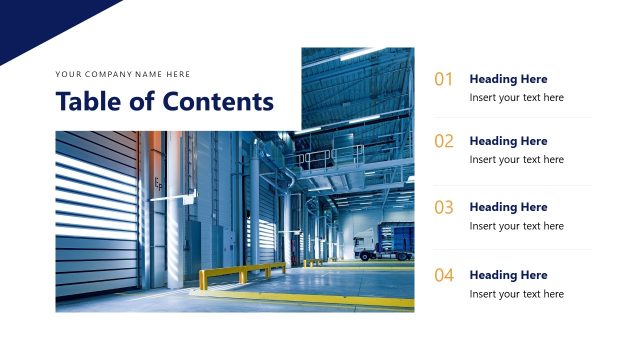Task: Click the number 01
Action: (x=444, y=79)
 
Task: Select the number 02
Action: (x=444, y=141)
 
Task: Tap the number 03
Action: (x=444, y=208)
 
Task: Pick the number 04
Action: (x=444, y=275)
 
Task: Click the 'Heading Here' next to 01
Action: (x=508, y=79)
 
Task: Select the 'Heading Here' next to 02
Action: (x=508, y=141)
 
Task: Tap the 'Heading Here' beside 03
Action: (x=508, y=207)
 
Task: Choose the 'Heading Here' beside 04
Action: (x=508, y=275)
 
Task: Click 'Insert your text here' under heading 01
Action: (x=516, y=98)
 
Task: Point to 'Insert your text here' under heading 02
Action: (x=516, y=160)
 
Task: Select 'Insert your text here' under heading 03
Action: (x=516, y=226)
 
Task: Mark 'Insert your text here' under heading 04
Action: (x=516, y=294)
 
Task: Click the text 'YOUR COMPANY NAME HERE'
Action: (x=123, y=74)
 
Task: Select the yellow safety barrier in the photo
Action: (x=240, y=272)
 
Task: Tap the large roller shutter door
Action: (x=97, y=210)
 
